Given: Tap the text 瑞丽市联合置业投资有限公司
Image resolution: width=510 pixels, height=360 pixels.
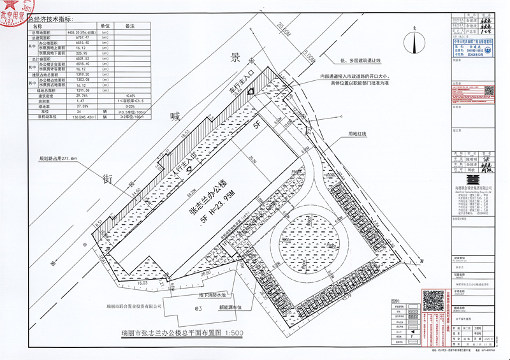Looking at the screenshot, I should click(x=135, y=306).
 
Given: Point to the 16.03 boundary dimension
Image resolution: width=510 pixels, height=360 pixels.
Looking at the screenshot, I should click(x=142, y=282).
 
